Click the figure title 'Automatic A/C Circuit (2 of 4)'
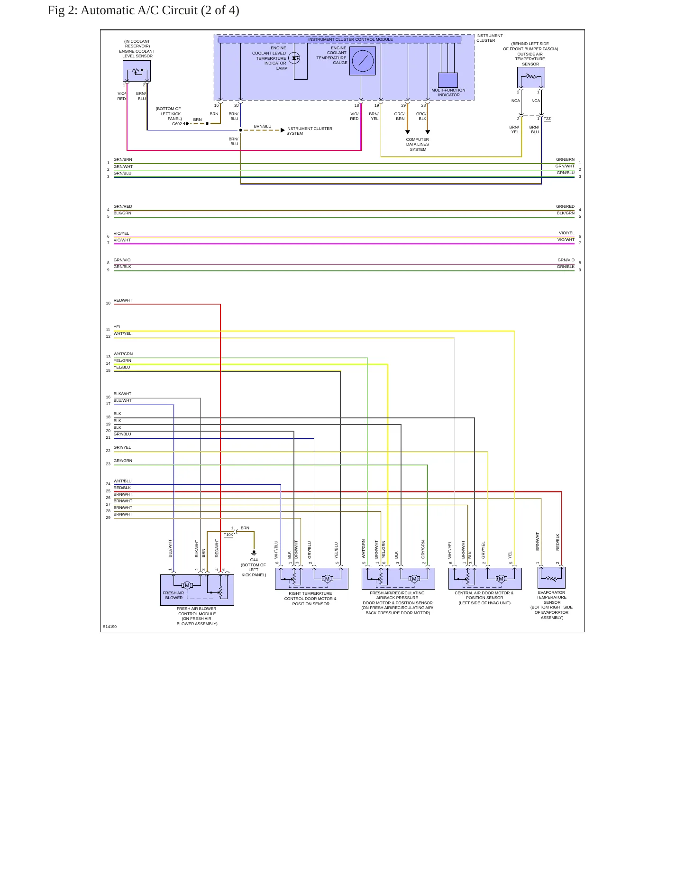click(x=160, y=10)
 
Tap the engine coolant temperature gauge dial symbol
click(x=363, y=61)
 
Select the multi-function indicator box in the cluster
click(x=448, y=80)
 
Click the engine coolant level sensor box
click(x=137, y=71)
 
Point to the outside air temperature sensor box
click(x=531, y=77)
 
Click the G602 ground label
click(x=177, y=124)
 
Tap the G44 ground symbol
click(x=254, y=553)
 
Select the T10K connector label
click(x=228, y=535)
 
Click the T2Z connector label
click(x=547, y=119)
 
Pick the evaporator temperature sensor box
click(x=551, y=578)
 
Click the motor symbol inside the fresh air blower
click(x=187, y=585)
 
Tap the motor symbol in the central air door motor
click(x=501, y=579)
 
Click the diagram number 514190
click(x=110, y=627)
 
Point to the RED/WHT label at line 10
click(x=123, y=300)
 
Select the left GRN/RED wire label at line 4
click(x=123, y=206)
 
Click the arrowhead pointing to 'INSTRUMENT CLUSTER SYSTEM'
click(x=283, y=130)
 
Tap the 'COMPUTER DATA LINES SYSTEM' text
click(x=418, y=145)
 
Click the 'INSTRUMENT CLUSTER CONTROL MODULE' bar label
click(x=350, y=39)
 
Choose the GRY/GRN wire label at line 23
click(x=123, y=461)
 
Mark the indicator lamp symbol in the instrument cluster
click(x=294, y=58)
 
